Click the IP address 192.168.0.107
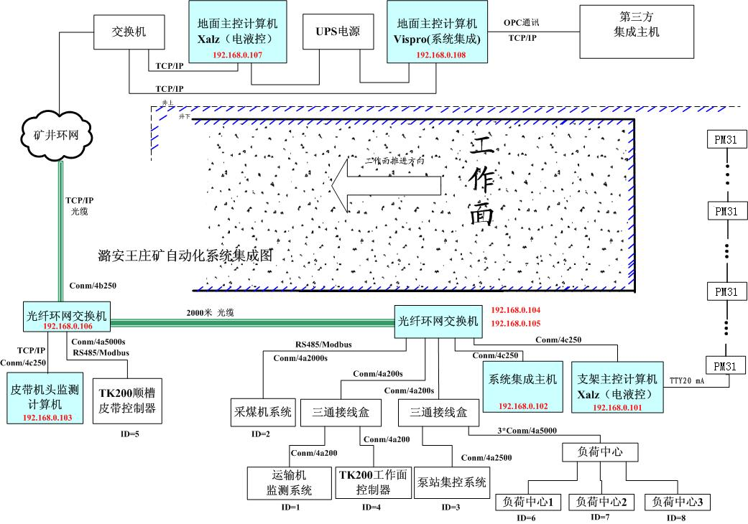[237, 55]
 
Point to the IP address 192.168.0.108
[440, 55]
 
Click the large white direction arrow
[387, 184]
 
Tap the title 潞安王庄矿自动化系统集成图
[186, 256]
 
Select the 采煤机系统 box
[262, 412]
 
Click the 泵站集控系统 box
[451, 482]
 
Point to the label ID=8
[677, 518]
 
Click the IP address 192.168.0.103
[47, 418]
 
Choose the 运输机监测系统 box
[282, 482]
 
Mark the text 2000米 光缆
[210, 313]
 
